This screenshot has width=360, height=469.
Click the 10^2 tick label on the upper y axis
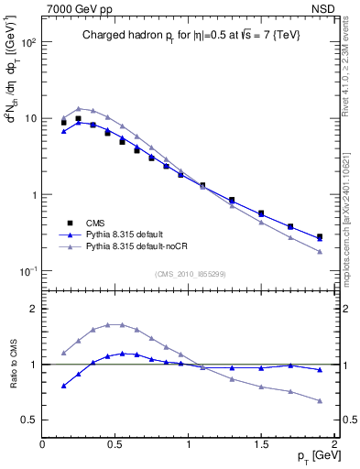click(x=29, y=42)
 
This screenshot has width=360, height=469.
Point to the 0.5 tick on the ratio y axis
click(x=30, y=420)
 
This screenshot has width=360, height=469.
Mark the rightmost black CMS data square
click(x=320, y=237)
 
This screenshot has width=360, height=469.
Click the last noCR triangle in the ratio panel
click(x=320, y=400)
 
